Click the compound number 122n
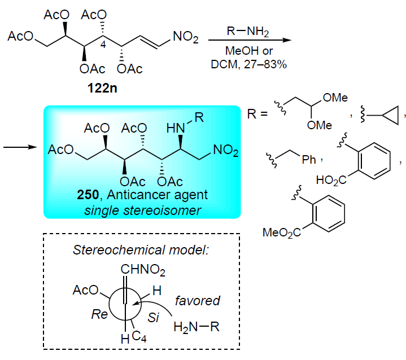point(102,88)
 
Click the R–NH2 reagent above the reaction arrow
point(248,32)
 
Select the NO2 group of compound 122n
point(185,37)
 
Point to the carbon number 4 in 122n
point(103,45)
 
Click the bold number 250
point(88,195)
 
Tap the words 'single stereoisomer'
point(143,210)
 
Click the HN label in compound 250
point(175,128)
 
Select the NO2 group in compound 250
point(225,150)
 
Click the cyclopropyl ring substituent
point(390,115)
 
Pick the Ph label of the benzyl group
point(309,160)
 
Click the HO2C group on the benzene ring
point(331,180)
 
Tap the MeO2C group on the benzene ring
point(282,232)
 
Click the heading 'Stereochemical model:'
point(141,250)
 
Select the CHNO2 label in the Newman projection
point(143,270)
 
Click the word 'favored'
point(197,301)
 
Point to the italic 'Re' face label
point(99,314)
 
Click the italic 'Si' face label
point(153,317)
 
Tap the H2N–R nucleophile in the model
point(197,327)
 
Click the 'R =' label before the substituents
point(257,114)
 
